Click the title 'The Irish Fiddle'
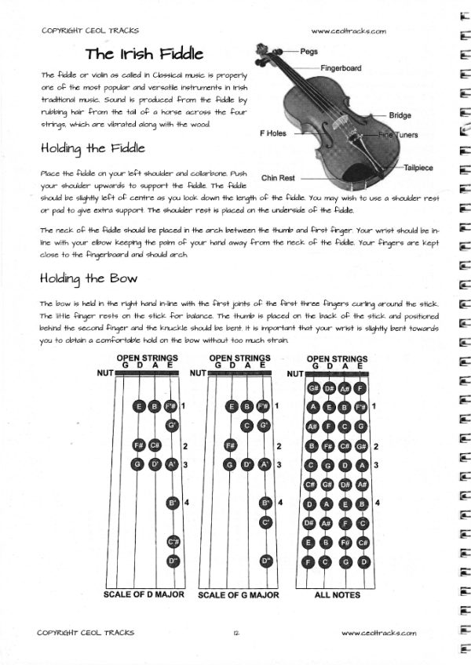click(x=144, y=54)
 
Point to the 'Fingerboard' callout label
click(x=341, y=68)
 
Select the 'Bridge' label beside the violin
click(x=400, y=115)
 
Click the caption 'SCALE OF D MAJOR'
click(x=144, y=594)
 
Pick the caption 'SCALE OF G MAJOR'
click(x=238, y=595)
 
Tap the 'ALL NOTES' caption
click(x=336, y=594)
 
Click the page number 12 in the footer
click(x=235, y=632)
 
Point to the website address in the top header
click(x=349, y=31)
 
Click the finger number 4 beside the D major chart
click(x=187, y=502)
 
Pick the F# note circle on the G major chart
click(x=231, y=445)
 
